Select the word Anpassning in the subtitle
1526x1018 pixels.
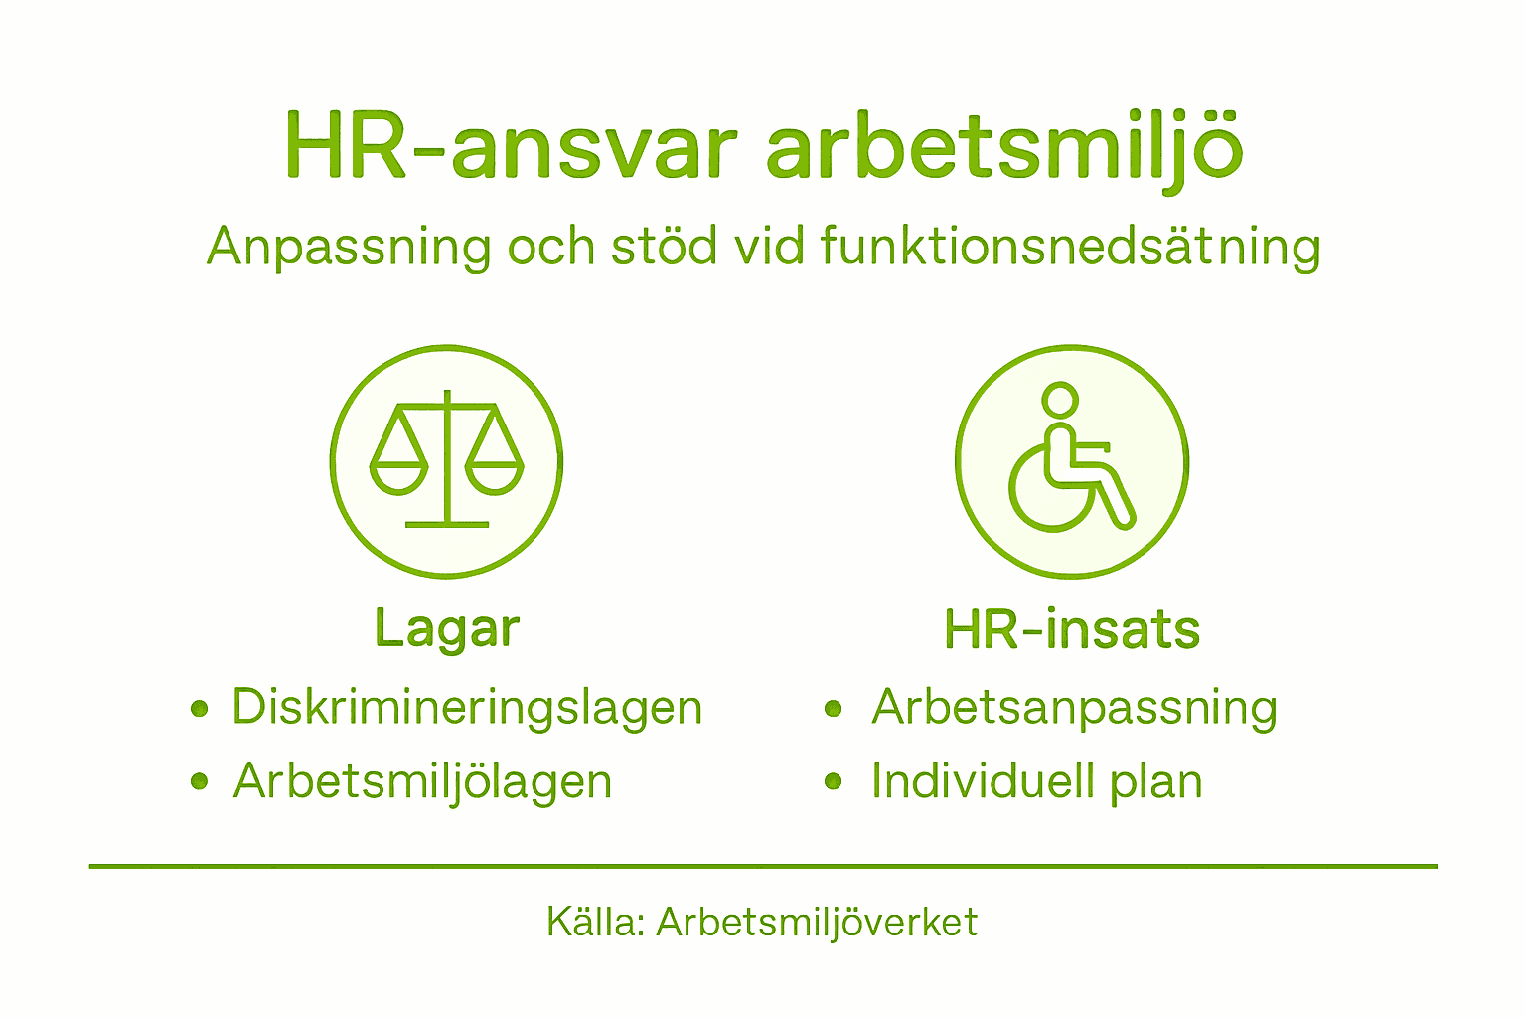[349, 247]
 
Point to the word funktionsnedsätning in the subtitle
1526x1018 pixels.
[1071, 247]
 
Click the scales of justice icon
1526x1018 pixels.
[447, 460]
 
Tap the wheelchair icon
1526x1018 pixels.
[1072, 460]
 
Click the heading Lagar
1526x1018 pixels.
[447, 629]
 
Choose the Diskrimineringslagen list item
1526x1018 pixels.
[467, 708]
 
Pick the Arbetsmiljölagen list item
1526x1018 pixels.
[422, 781]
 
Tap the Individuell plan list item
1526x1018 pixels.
[1036, 781]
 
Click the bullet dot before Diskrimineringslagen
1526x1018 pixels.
[200, 709]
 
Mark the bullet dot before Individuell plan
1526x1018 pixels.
[834, 782]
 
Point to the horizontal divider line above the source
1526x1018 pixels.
[763, 867]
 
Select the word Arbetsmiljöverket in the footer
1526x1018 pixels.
[817, 923]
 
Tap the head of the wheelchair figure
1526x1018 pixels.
[1060, 400]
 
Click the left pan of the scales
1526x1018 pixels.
[398, 475]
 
